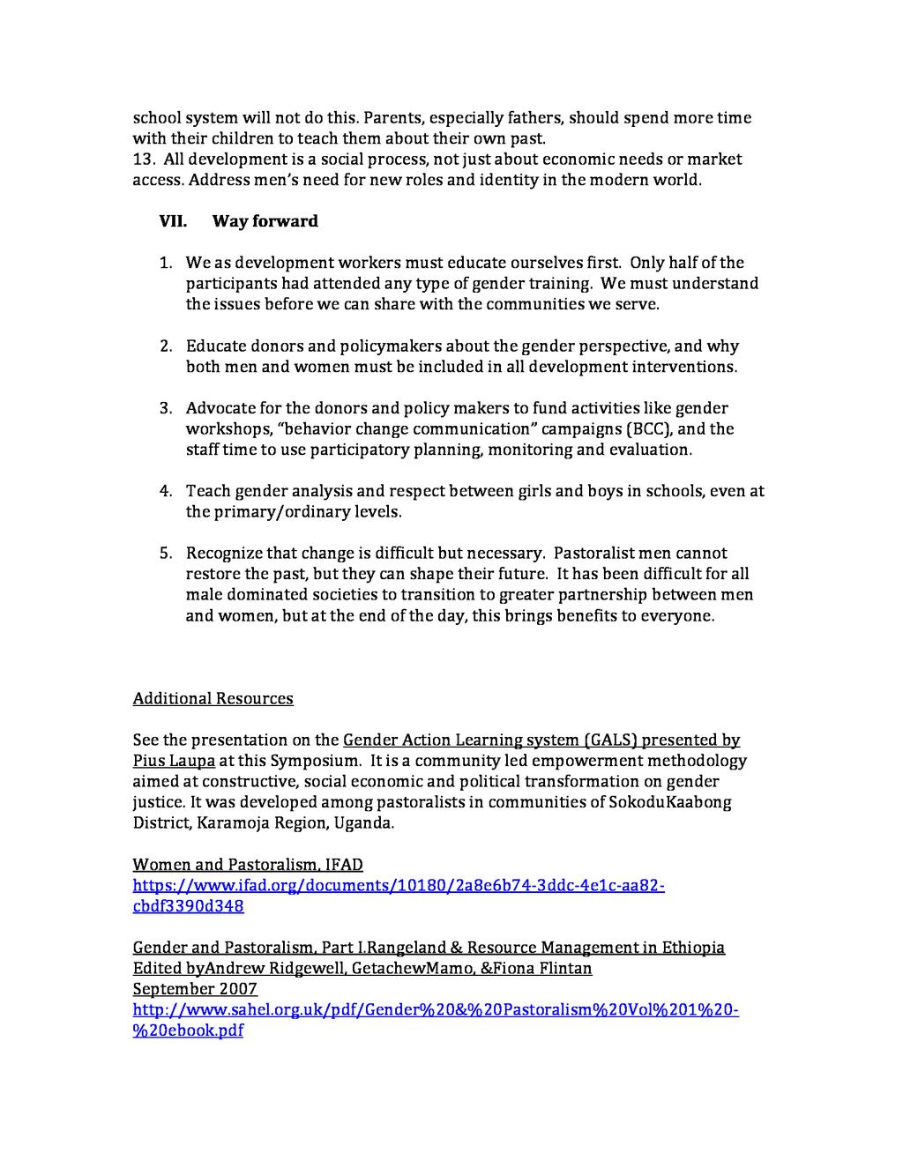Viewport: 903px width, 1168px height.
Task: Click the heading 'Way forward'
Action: tap(265, 221)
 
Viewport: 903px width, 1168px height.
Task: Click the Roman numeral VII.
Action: tap(173, 221)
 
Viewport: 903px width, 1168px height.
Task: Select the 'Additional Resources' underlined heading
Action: tap(213, 699)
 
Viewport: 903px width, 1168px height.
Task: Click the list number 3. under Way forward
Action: tap(166, 408)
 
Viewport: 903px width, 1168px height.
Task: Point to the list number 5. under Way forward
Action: tap(166, 554)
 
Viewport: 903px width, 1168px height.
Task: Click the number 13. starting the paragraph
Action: tap(144, 160)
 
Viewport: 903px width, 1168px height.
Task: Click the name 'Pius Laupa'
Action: tap(174, 761)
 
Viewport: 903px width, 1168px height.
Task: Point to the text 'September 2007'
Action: tap(195, 989)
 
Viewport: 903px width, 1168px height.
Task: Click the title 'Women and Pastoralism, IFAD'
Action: tap(248, 865)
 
